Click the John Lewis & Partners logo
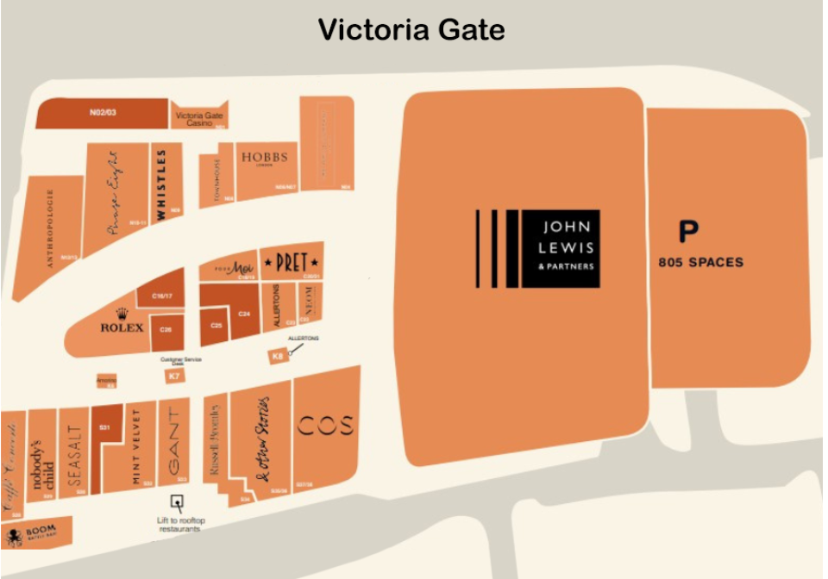pyautogui.click(x=538, y=249)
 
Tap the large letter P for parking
pyautogui.click(x=687, y=233)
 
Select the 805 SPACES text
pyautogui.click(x=699, y=262)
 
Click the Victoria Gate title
pyautogui.click(x=411, y=29)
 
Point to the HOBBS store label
pyautogui.click(x=264, y=158)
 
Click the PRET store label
pyautogui.click(x=292, y=263)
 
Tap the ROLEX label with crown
pyautogui.click(x=122, y=322)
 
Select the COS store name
pyautogui.click(x=325, y=426)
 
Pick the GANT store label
pyautogui.click(x=174, y=441)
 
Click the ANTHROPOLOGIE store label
pyautogui.click(x=50, y=229)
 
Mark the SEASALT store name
pyautogui.click(x=74, y=456)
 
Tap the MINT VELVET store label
pyautogui.click(x=136, y=448)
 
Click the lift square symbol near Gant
pyautogui.click(x=178, y=502)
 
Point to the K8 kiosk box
pyautogui.click(x=277, y=356)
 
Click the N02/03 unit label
pyautogui.click(x=102, y=112)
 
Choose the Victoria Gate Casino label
pyautogui.click(x=199, y=118)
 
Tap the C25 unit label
pyautogui.click(x=216, y=325)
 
